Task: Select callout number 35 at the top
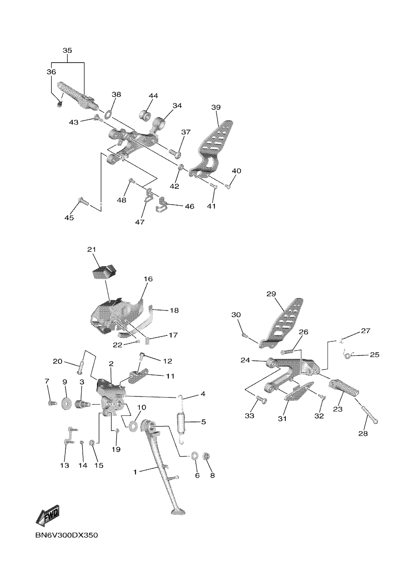67,51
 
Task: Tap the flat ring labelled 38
108,114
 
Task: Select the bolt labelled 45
83,202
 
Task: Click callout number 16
148,279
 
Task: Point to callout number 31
282,418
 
